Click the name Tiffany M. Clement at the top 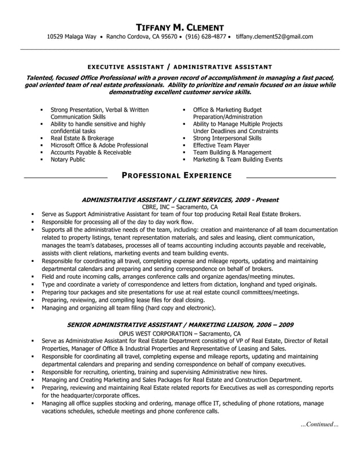pyautogui.click(x=180, y=27)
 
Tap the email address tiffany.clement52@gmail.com pyautogui.click(x=274, y=37)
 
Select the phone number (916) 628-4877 pyautogui.click(x=205, y=37)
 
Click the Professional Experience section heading pyautogui.click(x=177, y=175)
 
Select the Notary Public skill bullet pyautogui.click(x=68, y=160)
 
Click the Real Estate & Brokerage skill pyautogui.click(x=82, y=138)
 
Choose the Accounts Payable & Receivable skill pyautogui.click(x=90, y=152)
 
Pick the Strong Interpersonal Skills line pyautogui.click(x=227, y=138)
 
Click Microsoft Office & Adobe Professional pyautogui.click(x=99, y=145)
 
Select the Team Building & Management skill pyautogui.click(x=232, y=152)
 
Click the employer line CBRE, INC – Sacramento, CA pyautogui.click(x=179, y=207)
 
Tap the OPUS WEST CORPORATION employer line pyautogui.click(x=179, y=334)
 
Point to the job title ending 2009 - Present pyautogui.click(x=180, y=200)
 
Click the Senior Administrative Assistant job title pyautogui.click(x=180, y=325)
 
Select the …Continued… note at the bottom pyautogui.click(x=319, y=424)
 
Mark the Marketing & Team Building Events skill pyautogui.click(x=238, y=160)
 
